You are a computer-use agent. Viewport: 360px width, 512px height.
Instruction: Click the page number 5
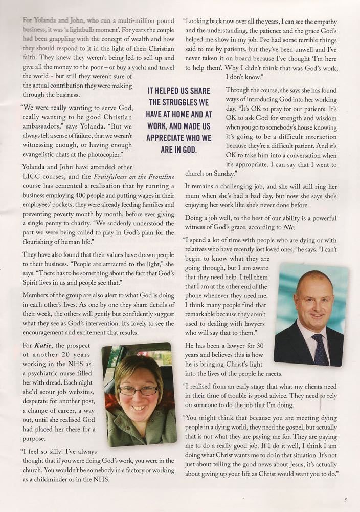pos(346,500)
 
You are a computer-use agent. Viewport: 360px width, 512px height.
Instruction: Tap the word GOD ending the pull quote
pos(188,150)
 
